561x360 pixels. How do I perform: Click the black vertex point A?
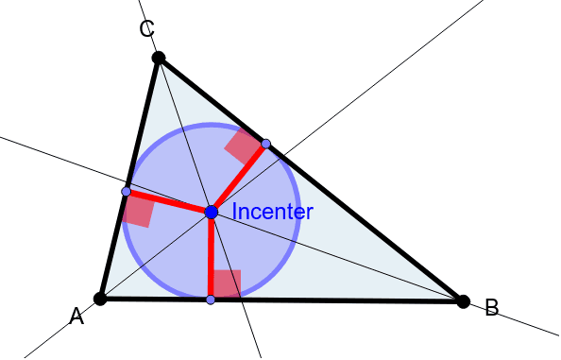tap(100, 299)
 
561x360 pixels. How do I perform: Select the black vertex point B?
tap(463, 301)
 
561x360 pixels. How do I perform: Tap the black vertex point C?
tap(159, 59)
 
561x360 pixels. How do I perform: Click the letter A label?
tap(76, 318)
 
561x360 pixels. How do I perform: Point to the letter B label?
tap(491, 308)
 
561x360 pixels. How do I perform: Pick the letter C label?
tap(146, 29)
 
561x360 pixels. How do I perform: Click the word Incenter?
tap(272, 212)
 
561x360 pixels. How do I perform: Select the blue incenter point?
tap(212, 213)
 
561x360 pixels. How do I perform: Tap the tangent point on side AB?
tap(211, 300)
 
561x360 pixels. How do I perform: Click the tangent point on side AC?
tap(127, 192)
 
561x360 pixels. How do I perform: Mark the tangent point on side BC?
tap(266, 144)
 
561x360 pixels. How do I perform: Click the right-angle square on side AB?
tap(227, 283)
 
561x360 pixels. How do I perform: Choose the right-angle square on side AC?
tap(138, 211)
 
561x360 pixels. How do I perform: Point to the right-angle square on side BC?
tap(243, 146)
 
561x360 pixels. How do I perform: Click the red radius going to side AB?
tap(211, 257)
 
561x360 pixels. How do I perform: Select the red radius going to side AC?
tap(168, 202)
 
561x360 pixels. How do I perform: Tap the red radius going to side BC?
tap(240, 177)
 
